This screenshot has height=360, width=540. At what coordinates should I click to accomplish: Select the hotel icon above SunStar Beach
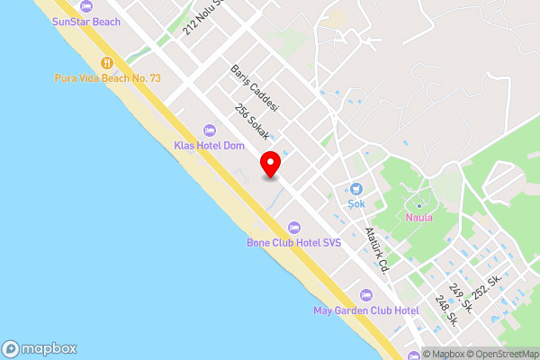85,5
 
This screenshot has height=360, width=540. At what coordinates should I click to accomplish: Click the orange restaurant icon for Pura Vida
106,63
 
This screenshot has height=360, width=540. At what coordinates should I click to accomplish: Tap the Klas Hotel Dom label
210,145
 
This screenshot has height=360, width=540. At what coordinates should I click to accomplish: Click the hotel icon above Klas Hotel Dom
210,130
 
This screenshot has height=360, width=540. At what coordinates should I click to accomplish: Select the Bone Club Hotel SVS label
294,242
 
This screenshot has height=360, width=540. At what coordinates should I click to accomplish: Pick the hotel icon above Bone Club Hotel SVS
293,227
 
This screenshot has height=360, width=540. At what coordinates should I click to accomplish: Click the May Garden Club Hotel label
366,310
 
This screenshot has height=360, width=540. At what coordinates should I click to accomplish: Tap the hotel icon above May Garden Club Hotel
365,295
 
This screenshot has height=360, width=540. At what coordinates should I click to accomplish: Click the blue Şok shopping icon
356,189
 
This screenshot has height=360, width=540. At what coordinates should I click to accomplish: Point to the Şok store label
356,204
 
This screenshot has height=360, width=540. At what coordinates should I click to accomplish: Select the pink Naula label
418,217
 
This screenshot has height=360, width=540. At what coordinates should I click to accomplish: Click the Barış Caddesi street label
255,87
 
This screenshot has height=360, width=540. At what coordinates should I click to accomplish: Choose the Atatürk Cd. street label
377,249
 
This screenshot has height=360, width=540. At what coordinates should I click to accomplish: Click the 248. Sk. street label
446,310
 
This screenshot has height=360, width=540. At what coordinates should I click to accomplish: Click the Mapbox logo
40,349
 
